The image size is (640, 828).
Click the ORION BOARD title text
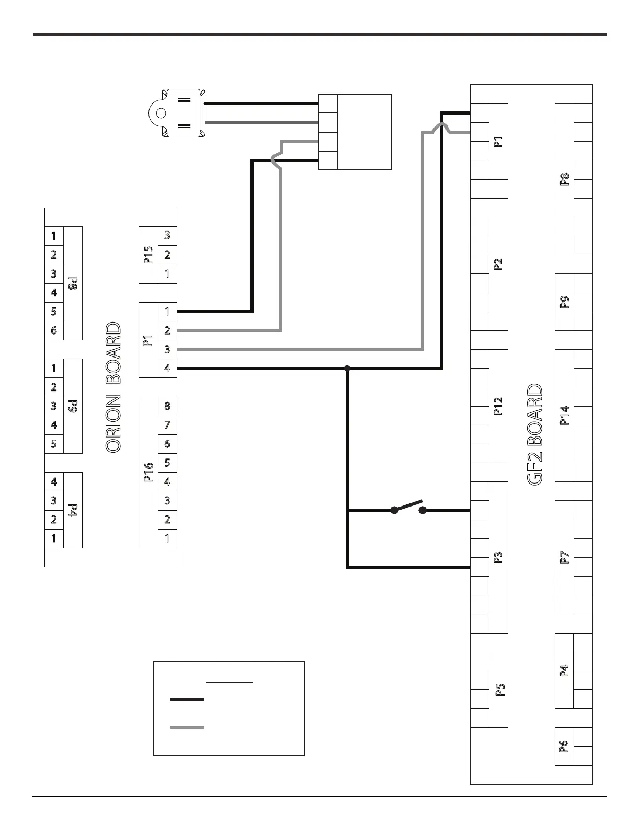(113, 387)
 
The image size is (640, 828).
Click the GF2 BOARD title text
(534, 435)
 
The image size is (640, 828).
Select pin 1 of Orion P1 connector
(167, 312)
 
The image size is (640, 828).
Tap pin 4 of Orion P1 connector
(167, 368)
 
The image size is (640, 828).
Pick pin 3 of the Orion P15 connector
(167, 235)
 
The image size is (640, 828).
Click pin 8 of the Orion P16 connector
(167, 406)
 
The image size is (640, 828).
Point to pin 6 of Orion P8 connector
(54, 330)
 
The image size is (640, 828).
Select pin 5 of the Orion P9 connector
(54, 444)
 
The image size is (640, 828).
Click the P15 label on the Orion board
(148, 255)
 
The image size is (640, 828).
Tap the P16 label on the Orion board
(148, 472)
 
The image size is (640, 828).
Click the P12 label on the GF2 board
(498, 406)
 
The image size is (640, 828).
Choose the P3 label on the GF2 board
(498, 557)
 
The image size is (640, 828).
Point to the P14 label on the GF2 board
(565, 416)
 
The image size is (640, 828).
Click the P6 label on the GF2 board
(564, 746)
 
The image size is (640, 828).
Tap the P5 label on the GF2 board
(499, 689)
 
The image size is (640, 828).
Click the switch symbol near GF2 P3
(408, 508)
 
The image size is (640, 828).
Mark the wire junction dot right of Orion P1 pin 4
(347, 369)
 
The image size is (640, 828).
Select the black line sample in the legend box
(187, 699)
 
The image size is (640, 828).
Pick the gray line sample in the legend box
(187, 727)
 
